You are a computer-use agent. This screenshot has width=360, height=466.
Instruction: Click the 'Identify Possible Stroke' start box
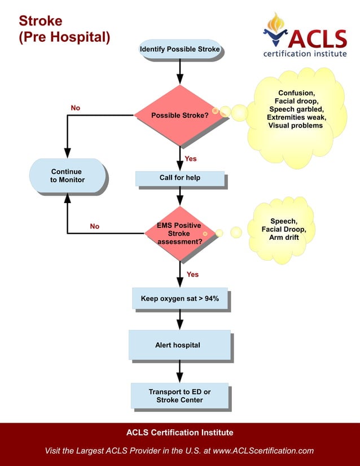(x=179, y=50)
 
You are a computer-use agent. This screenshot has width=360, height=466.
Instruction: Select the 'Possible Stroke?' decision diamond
(x=179, y=115)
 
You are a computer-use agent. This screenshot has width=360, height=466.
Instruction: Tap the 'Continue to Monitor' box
(x=67, y=175)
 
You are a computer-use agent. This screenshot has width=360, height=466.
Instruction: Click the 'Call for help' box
(x=179, y=178)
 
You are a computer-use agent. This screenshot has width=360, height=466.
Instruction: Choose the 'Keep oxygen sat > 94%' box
(x=179, y=298)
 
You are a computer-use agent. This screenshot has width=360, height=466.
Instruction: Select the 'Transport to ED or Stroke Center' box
(x=179, y=396)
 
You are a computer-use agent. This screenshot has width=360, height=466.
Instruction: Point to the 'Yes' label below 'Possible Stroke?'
(x=191, y=159)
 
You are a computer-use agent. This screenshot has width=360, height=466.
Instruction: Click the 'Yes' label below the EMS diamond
(x=192, y=274)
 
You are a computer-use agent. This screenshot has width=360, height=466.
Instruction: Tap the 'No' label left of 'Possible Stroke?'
(x=75, y=107)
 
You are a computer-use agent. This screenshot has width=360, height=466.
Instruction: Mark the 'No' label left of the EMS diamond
(x=94, y=226)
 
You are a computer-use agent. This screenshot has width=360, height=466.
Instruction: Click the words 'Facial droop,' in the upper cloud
(x=296, y=101)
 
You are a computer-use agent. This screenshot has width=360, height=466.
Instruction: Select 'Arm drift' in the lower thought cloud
(x=284, y=238)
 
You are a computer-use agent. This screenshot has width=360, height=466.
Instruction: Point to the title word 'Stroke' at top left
(x=41, y=21)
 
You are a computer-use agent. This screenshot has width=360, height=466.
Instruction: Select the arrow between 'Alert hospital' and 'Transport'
(x=179, y=372)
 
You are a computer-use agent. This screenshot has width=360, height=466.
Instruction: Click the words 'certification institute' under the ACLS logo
(x=305, y=54)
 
